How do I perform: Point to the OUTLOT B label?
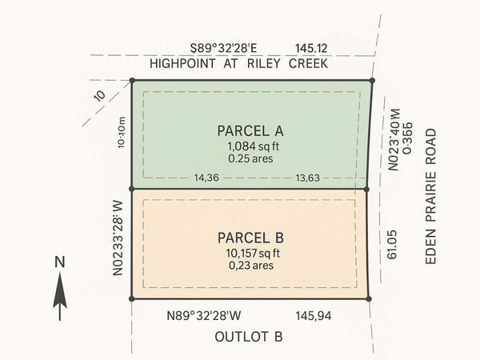coord(249,337)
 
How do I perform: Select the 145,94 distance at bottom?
coord(313,316)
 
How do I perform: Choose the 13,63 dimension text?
coord(308,178)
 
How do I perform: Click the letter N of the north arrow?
coord(59,262)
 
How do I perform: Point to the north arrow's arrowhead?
coord(59,279)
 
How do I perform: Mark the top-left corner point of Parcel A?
coord(132,80)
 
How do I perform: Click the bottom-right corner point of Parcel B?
coord(369,298)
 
